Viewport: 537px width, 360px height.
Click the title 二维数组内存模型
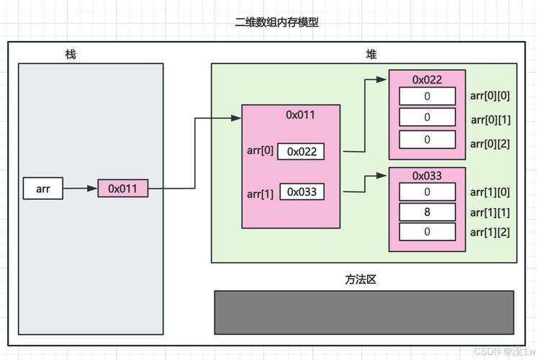[x=277, y=22]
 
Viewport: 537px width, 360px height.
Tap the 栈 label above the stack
[x=71, y=55]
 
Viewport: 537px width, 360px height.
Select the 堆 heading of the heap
[x=371, y=55]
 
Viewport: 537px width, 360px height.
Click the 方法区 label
[x=361, y=279]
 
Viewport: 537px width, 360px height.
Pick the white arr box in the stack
[x=42, y=189]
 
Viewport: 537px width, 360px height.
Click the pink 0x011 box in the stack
[x=123, y=189]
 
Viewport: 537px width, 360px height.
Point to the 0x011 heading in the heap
[x=300, y=114]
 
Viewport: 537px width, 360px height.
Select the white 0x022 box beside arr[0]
[x=302, y=151]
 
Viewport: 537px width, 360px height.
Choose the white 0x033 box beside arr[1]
[x=302, y=192]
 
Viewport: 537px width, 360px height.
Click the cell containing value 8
[x=428, y=212]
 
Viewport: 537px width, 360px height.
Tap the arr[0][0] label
[x=489, y=96]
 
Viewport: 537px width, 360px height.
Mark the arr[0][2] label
[x=489, y=143]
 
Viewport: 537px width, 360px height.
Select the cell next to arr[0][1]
[x=428, y=117]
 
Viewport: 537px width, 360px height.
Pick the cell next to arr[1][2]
[x=428, y=232]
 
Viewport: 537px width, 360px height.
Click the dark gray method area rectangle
[x=364, y=312]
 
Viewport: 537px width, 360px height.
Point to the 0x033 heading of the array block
[x=427, y=176]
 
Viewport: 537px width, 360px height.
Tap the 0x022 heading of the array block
[x=427, y=79]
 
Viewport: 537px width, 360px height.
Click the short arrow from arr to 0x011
[x=80, y=189]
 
